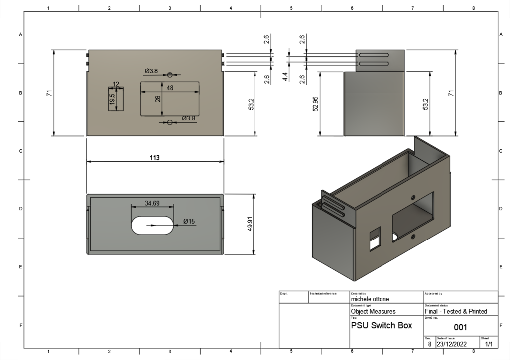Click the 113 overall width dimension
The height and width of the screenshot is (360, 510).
pos(155,158)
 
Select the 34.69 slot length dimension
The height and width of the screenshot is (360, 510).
pos(152,203)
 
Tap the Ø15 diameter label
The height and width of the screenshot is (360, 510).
pos(189,221)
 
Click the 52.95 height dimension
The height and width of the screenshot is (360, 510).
pos(315,104)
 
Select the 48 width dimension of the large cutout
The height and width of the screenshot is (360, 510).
pos(170,88)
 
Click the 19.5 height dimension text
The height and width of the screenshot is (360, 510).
pos(112,99)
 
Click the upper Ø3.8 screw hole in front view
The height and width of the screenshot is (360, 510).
pos(170,75)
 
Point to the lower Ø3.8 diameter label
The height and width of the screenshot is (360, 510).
pos(188,118)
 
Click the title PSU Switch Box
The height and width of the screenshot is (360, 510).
pos(382,326)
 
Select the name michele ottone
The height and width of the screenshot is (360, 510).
pos(370,299)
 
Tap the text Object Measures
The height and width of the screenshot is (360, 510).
pos(374,311)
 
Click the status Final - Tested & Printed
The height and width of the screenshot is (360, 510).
pos(456,311)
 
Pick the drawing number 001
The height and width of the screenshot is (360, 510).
pos(460,327)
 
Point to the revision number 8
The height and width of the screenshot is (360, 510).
pos(429,344)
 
